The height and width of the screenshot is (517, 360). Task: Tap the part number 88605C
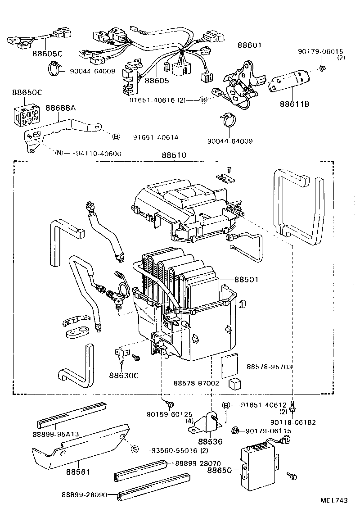[47, 54]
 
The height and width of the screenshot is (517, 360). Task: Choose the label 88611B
[295, 104]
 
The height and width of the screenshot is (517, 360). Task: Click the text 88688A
[60, 108]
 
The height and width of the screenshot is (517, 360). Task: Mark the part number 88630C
[123, 375]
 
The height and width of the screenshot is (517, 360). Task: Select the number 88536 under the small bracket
[210, 442]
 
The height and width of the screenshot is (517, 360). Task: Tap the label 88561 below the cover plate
[78, 472]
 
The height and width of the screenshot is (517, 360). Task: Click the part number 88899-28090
[84, 494]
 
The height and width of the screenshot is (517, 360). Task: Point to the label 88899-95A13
[56, 434]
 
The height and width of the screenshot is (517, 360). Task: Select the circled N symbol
[59, 153]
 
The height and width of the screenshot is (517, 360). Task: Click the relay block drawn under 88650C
[26, 115]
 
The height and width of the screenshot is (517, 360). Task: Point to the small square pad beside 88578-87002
[235, 383]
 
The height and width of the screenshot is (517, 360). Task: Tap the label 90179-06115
[268, 431]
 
